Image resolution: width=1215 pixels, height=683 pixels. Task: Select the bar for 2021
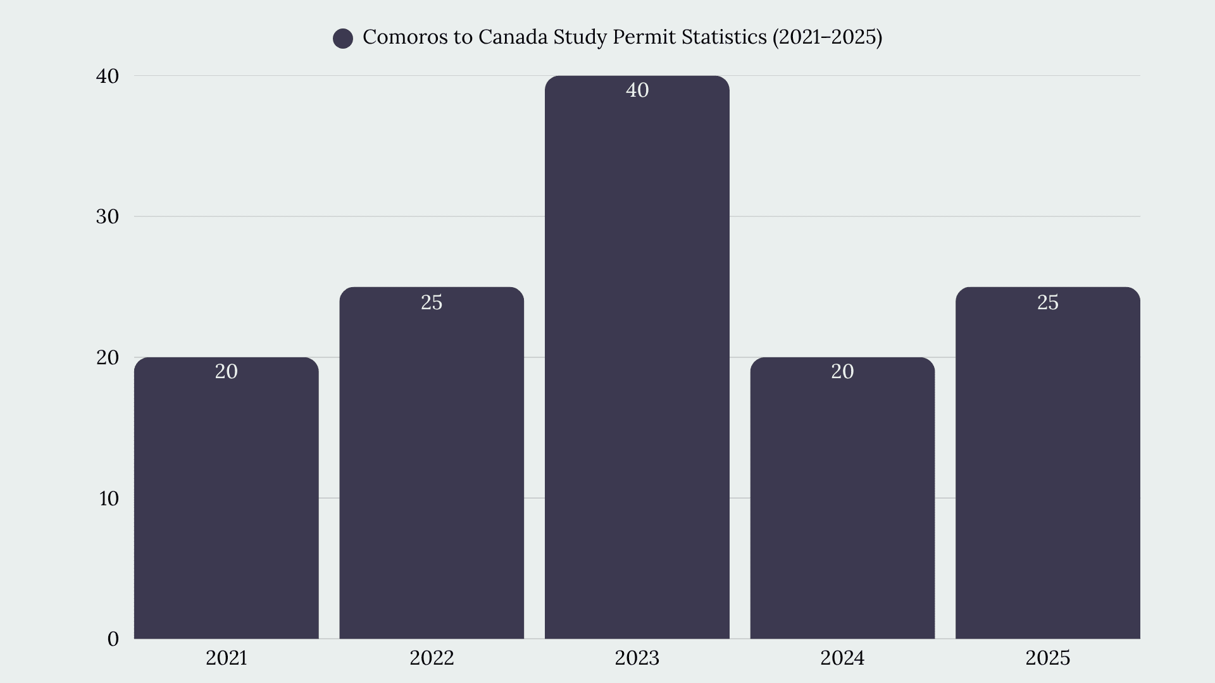click(x=227, y=498)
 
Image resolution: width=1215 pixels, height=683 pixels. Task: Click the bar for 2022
click(x=432, y=463)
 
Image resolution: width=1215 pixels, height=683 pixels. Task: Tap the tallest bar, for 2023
click(x=637, y=357)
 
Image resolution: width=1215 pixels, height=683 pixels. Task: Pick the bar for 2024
click(x=842, y=498)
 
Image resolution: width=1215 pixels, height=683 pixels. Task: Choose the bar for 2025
click(x=1048, y=463)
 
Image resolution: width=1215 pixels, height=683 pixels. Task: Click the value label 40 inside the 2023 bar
click(x=637, y=90)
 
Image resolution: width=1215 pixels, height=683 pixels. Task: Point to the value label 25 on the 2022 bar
click(x=432, y=302)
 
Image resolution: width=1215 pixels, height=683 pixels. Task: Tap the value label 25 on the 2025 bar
click(x=1048, y=302)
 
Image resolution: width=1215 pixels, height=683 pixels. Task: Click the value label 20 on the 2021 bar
click(x=227, y=371)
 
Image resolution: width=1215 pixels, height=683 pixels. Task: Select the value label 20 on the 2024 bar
click(x=842, y=371)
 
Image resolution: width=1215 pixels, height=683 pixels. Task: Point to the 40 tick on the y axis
click(x=108, y=76)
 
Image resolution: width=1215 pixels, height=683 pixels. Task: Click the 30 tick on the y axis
click(x=108, y=217)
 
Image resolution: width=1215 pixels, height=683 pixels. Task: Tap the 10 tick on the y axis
click(x=109, y=498)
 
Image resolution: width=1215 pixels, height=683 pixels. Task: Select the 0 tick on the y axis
click(x=113, y=639)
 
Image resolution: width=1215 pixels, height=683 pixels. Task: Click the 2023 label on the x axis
click(x=637, y=658)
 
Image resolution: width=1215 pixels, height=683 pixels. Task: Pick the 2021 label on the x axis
click(x=227, y=658)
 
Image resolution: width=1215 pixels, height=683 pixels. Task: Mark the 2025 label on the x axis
click(x=1048, y=658)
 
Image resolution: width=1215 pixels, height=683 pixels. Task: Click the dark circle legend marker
click(x=343, y=39)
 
